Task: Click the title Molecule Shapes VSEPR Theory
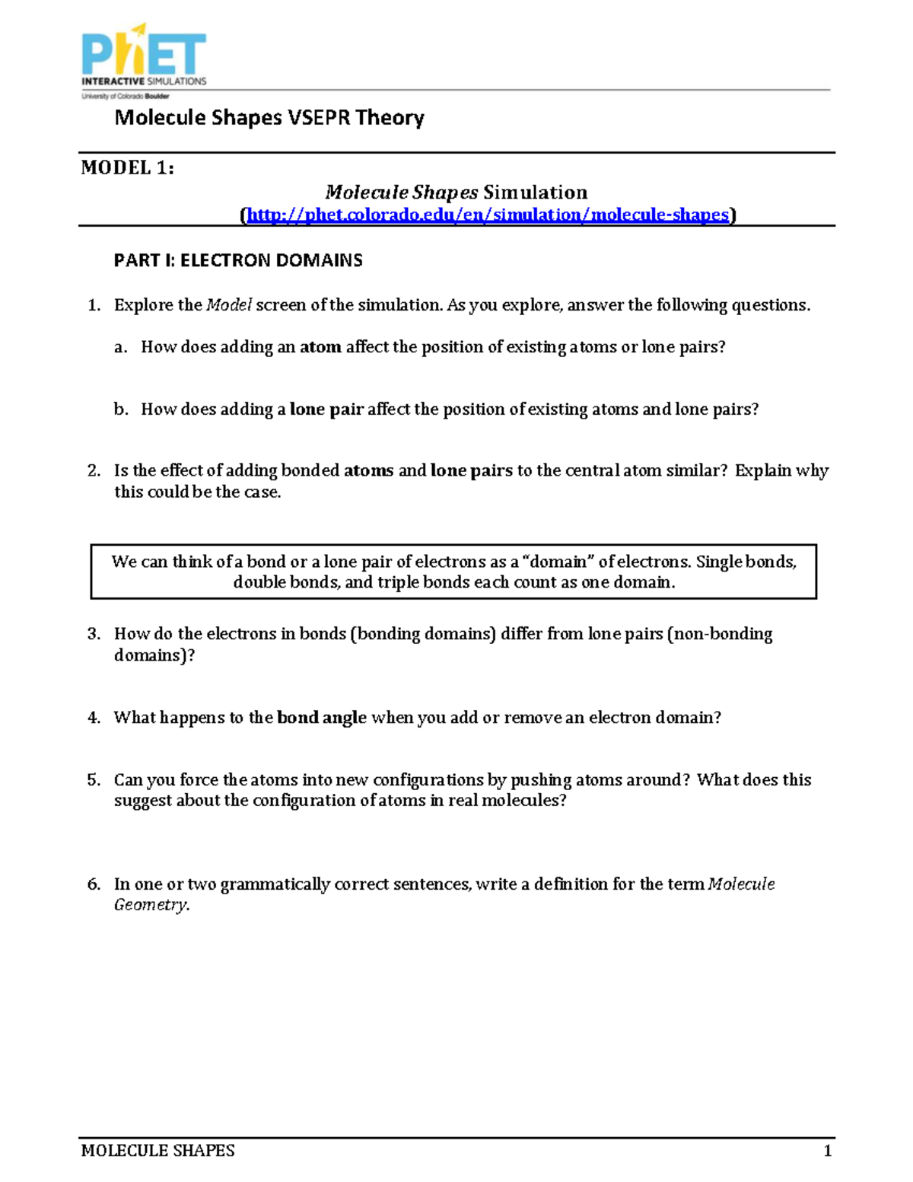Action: (x=269, y=118)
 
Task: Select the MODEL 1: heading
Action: (x=127, y=168)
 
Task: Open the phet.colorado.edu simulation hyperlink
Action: (x=488, y=215)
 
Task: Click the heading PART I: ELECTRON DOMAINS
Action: (x=237, y=260)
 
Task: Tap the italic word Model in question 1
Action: (x=229, y=305)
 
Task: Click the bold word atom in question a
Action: (x=320, y=347)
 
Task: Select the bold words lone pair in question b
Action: (x=326, y=409)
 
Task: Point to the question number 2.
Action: (x=94, y=471)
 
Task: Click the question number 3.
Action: (x=94, y=634)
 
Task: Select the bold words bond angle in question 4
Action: (x=321, y=718)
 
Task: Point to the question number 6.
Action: (x=94, y=884)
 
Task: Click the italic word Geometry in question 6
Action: (x=150, y=905)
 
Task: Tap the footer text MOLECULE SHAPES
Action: (x=157, y=1151)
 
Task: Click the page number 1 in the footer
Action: (x=827, y=1151)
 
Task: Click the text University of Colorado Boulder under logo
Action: (x=126, y=97)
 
